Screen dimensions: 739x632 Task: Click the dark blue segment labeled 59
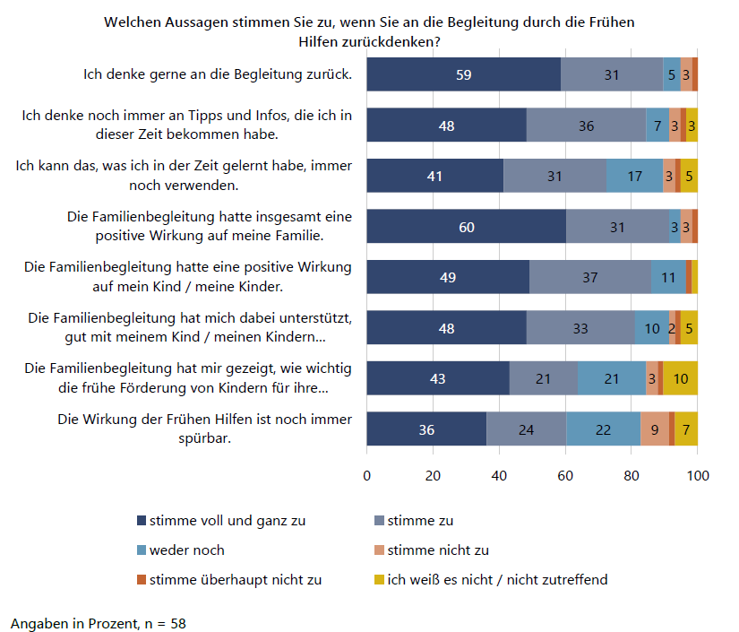point(464,74)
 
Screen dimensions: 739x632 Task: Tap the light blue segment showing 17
point(634,176)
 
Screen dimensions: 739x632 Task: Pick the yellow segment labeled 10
point(680,377)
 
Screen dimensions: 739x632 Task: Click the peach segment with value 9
point(655,429)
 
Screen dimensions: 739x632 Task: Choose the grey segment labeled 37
point(590,276)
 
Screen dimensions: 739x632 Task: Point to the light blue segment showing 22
point(603,429)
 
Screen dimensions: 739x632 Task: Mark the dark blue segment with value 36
point(426,429)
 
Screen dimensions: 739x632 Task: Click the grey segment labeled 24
point(527,429)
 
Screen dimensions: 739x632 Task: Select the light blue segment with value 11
point(668,276)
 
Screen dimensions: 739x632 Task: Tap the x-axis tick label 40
point(499,475)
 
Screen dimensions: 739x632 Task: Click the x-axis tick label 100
point(698,475)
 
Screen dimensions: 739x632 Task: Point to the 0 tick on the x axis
point(367,475)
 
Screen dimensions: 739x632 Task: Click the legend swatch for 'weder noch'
point(142,550)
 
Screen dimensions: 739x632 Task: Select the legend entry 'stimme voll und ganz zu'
point(221,521)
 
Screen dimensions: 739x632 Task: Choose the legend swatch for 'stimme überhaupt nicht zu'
point(142,580)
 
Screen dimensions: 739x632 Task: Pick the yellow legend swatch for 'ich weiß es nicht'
point(379,580)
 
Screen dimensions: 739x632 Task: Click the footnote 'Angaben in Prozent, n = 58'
point(99,624)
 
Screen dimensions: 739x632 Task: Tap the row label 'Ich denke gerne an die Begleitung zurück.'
point(218,74)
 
